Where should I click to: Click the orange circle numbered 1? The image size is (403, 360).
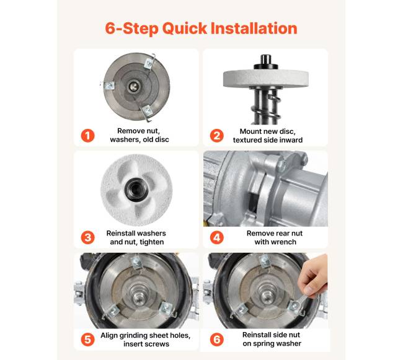click(x=88, y=136)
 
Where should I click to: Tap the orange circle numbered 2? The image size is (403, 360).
click(x=216, y=136)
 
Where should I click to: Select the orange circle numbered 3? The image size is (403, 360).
click(x=88, y=237)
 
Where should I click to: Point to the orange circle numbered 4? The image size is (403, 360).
click(x=216, y=237)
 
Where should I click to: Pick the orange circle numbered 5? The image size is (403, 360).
click(x=88, y=340)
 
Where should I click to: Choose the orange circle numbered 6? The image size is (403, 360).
click(x=216, y=340)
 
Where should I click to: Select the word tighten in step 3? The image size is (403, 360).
click(x=152, y=242)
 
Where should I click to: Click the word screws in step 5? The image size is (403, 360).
click(x=157, y=344)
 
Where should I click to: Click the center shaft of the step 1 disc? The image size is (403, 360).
click(x=134, y=86)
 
